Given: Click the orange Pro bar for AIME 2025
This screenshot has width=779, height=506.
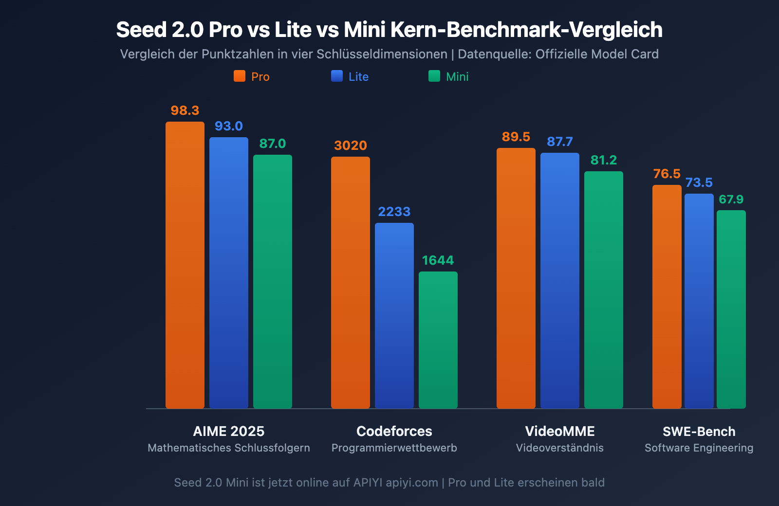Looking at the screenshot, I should (185, 265).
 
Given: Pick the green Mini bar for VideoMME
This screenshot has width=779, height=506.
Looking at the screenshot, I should (604, 289).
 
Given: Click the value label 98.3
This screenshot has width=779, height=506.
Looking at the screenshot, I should (185, 110).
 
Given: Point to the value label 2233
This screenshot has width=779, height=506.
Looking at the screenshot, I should (394, 212).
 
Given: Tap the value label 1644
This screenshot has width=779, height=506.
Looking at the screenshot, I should (438, 260).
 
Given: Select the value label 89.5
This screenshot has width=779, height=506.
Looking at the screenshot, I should (516, 137).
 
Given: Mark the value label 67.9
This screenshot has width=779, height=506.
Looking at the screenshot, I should (731, 199).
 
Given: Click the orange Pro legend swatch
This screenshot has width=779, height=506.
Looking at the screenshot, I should (240, 76).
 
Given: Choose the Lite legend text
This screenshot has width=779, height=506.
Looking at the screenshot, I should (359, 77).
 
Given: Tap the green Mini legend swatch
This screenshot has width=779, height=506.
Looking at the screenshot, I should (434, 76).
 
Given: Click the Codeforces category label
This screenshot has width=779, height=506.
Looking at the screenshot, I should (394, 431).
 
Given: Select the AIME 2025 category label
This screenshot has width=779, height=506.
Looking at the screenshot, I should (229, 431).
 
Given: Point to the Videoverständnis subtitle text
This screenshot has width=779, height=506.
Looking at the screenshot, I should (560, 448).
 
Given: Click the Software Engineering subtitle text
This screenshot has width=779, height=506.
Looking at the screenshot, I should (699, 448).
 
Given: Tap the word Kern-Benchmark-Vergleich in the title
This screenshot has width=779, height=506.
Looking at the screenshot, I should (526, 30).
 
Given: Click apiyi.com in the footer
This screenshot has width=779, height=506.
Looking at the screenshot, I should (412, 483).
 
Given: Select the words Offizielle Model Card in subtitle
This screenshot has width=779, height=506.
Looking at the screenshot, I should (597, 54).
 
